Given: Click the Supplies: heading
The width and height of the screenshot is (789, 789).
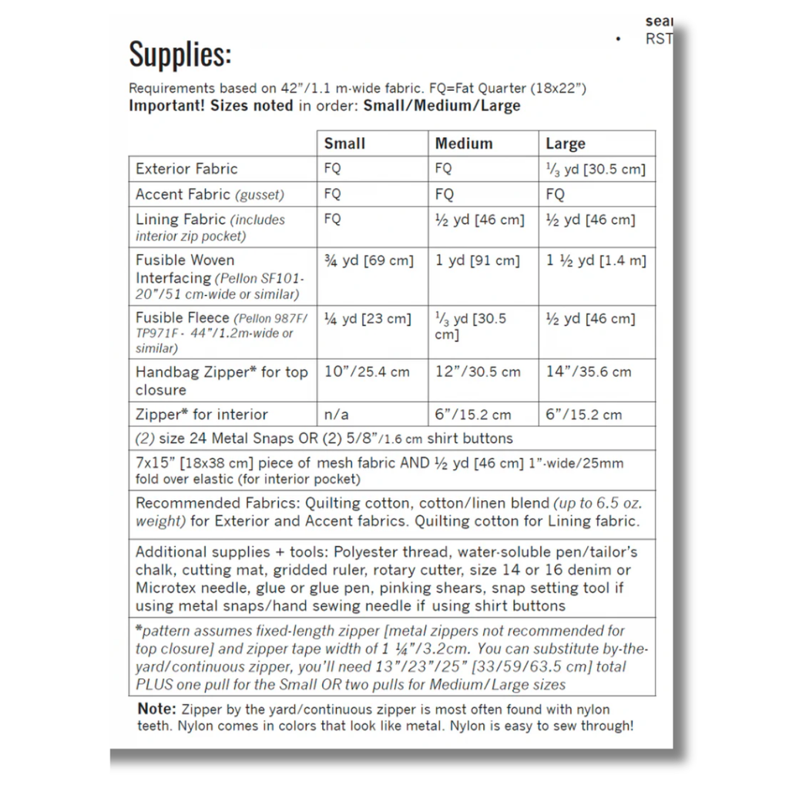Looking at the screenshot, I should pos(180,55).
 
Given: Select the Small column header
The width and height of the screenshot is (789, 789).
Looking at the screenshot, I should pos(344,143).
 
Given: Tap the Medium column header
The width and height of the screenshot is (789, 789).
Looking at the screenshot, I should pos(463,143).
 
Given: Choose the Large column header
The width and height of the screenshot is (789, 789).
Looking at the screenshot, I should pos(566,144).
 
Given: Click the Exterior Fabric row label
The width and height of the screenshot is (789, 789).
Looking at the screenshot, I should pos(186,169).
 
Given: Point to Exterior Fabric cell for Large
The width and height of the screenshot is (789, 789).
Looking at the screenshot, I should pos(596,170).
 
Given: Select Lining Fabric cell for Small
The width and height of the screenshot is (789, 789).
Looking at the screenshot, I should pos(333,219).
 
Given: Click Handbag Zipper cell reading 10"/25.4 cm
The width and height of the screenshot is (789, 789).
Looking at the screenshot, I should pos(367,372).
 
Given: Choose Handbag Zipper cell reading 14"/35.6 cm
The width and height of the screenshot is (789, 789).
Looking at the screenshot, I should pos(589,372).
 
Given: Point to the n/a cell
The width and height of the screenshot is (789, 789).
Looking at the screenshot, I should pos(337,415).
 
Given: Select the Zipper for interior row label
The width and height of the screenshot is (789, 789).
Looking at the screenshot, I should pos(202,414).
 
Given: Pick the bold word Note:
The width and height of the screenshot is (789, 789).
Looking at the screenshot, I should pos(157,709).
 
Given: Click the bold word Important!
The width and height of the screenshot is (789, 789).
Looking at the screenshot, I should pos(167,106).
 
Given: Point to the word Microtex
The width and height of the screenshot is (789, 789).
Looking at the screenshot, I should pos(164,588).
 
